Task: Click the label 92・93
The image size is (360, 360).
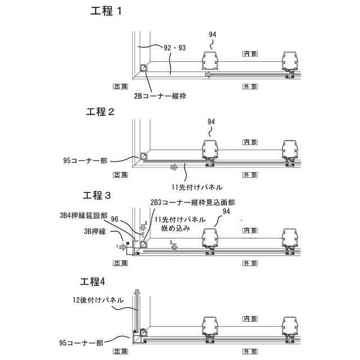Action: (174, 48)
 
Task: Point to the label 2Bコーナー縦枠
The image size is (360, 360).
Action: (160, 96)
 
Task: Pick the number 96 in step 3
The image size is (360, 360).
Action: (115, 219)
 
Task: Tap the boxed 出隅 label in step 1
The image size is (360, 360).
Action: (120, 87)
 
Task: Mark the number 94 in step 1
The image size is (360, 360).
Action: (212, 34)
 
